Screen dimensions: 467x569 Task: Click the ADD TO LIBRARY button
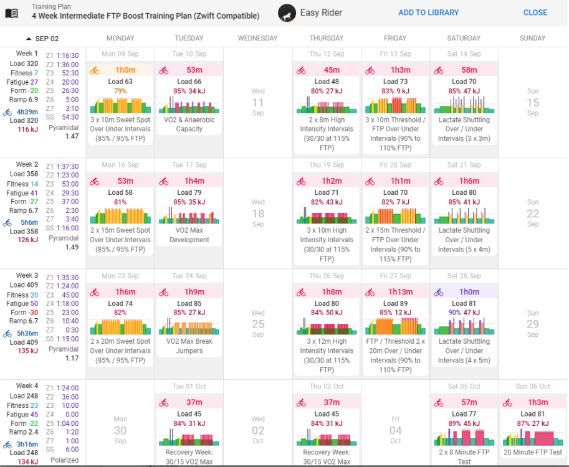point(428,12)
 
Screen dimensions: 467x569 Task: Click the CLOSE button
point(535,12)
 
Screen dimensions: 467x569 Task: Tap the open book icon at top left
point(11,12)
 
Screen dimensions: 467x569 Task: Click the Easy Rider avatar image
point(287,12)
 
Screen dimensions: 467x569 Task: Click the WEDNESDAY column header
point(257,38)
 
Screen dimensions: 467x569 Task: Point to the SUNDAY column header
point(532,38)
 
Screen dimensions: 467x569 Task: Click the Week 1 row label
point(27,54)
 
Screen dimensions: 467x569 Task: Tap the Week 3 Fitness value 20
point(34,295)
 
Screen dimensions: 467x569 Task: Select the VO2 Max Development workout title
point(189,235)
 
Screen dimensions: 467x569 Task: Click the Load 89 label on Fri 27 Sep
point(394,304)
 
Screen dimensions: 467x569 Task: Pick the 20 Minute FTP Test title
point(532,453)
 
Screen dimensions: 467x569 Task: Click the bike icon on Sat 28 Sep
point(439,292)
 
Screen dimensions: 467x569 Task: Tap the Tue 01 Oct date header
point(189,387)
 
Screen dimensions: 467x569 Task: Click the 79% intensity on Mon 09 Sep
point(120,91)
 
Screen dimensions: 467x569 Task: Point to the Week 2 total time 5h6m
point(29,222)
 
